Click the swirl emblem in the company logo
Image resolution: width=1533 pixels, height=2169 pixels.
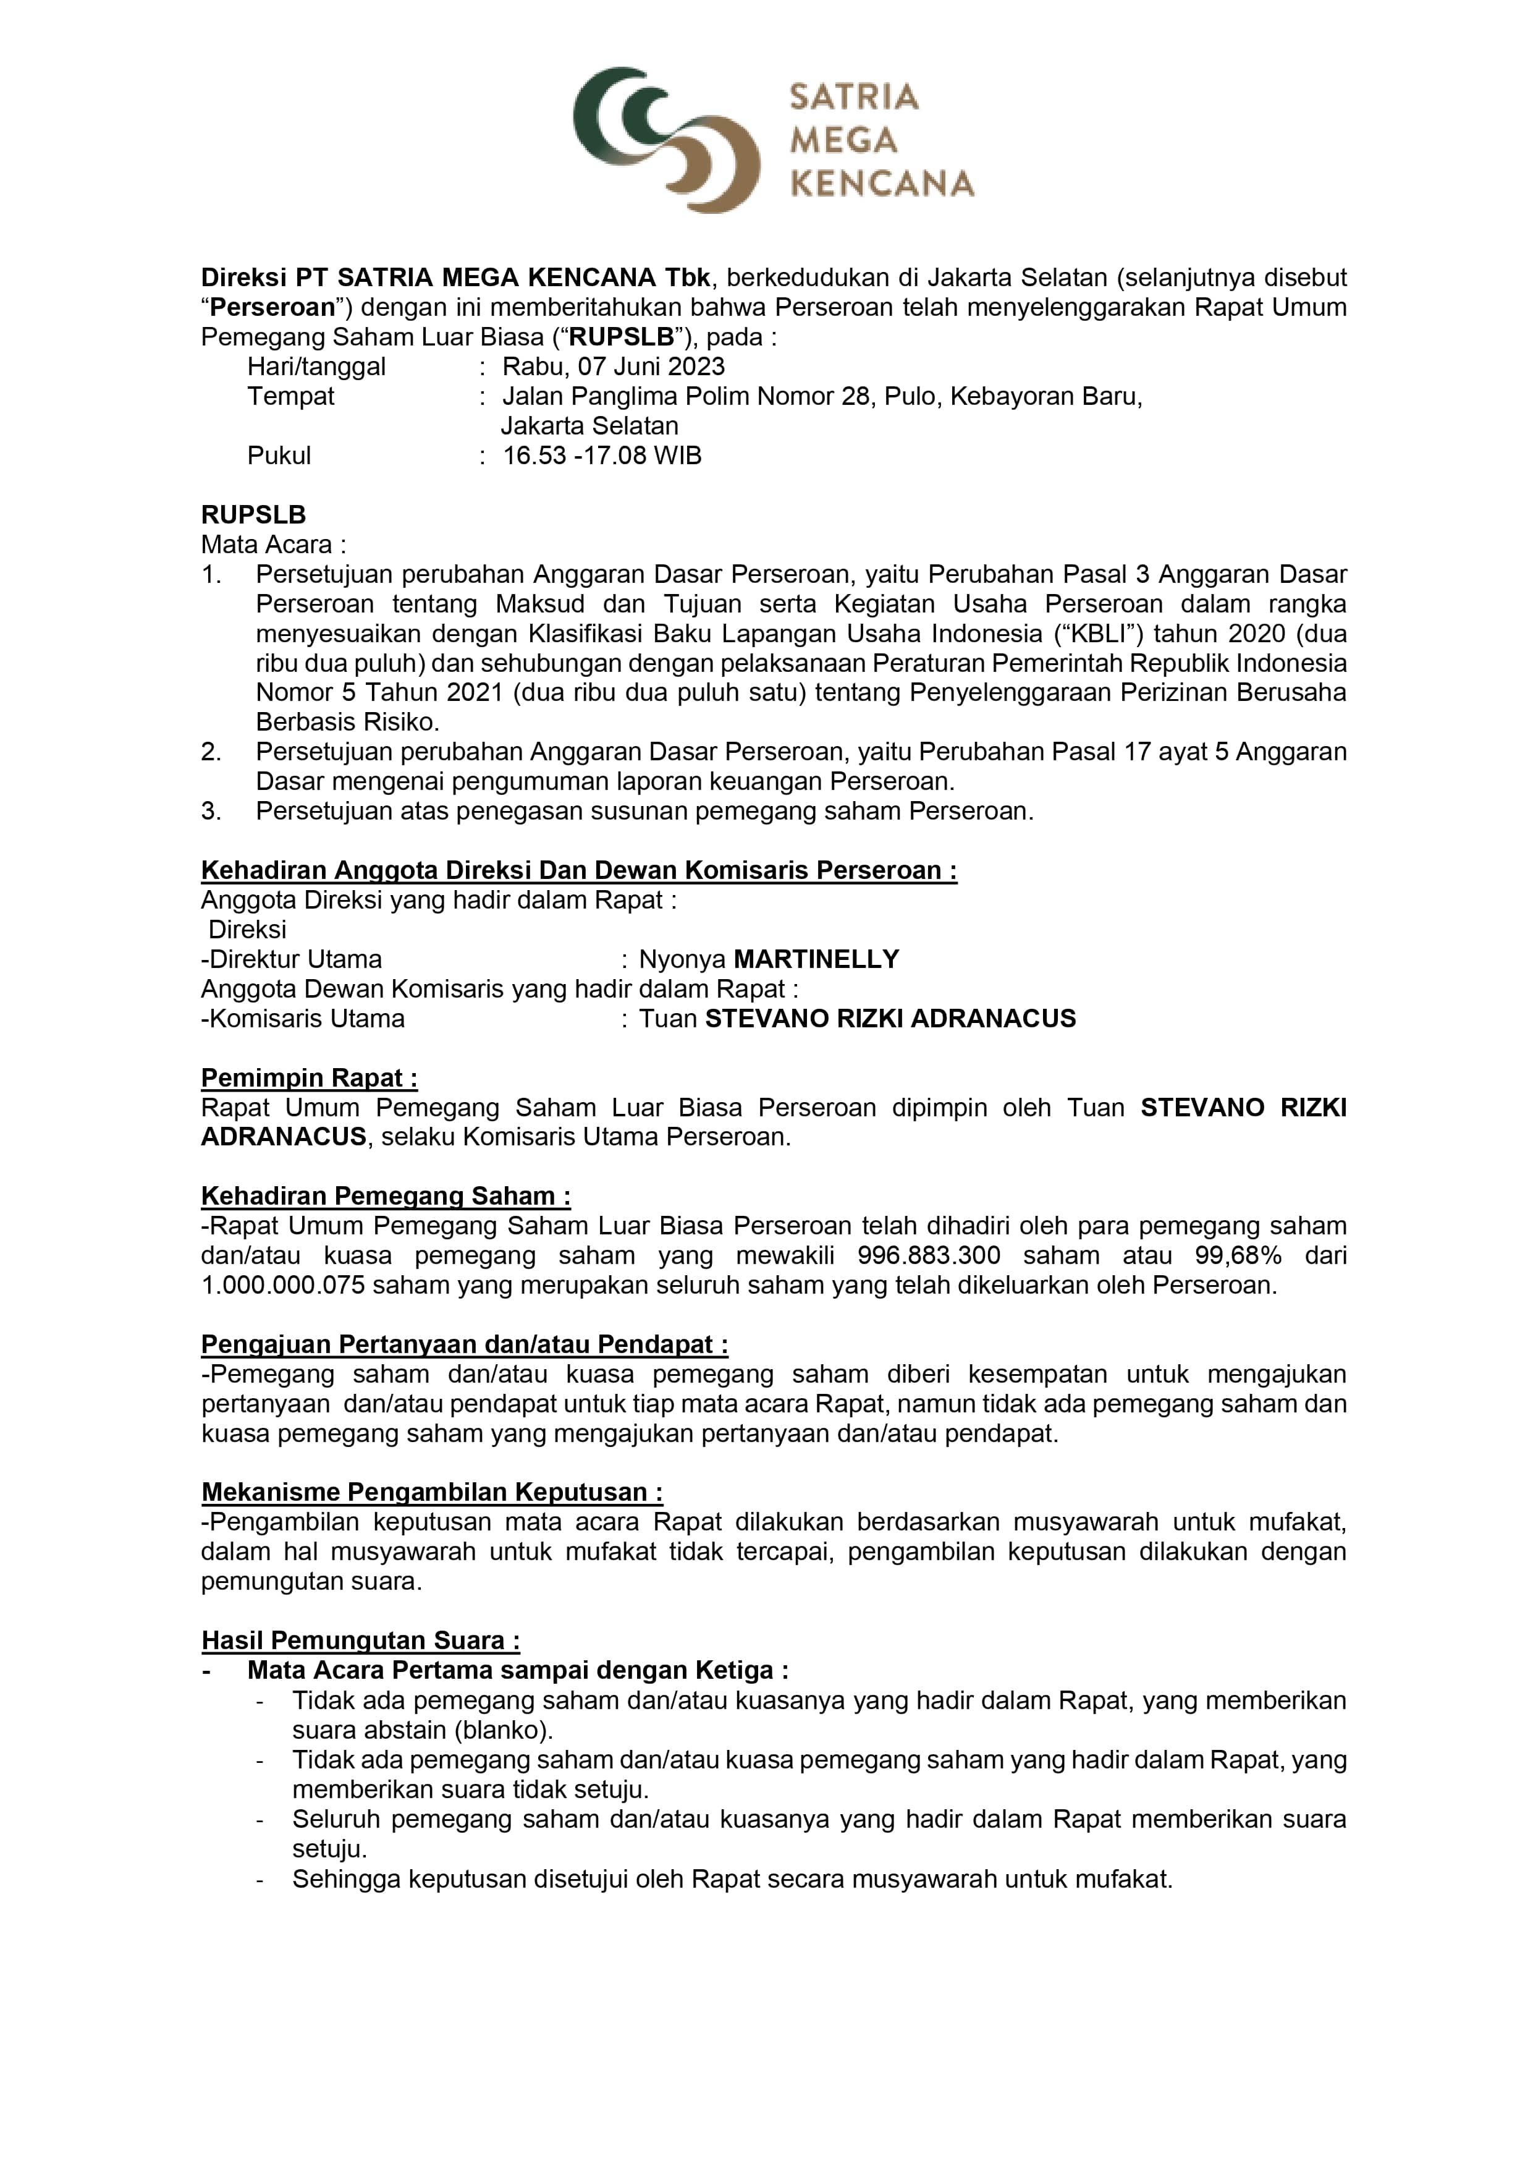(x=666, y=139)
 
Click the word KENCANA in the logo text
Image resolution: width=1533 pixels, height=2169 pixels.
(x=881, y=183)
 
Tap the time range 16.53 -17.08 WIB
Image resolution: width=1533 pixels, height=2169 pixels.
(x=602, y=456)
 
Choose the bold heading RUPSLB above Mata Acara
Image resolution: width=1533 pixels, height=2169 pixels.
(x=253, y=515)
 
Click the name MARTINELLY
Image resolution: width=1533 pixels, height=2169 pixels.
(x=816, y=960)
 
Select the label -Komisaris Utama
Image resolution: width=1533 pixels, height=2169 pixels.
(x=303, y=1019)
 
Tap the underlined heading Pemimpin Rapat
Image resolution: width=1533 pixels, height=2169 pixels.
(x=309, y=1078)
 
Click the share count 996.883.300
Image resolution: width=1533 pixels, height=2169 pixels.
(x=929, y=1255)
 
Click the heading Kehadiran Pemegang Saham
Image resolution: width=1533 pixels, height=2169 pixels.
(x=386, y=1196)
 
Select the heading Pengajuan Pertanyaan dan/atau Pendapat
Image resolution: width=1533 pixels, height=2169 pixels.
(x=464, y=1344)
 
